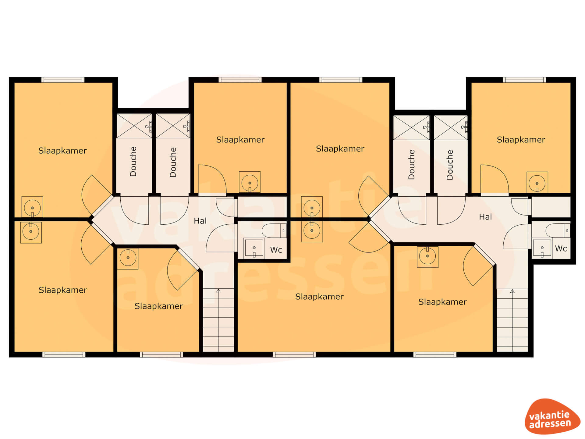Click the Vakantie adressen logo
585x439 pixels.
(552, 416)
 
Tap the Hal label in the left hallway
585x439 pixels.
(200, 221)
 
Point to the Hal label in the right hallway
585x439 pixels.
(485, 217)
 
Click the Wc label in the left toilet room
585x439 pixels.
(276, 250)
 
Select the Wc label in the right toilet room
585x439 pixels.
(561, 248)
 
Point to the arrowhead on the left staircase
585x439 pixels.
(218, 291)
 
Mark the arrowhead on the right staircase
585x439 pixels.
(512, 291)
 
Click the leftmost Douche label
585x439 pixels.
(133, 162)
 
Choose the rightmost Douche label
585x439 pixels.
(450, 165)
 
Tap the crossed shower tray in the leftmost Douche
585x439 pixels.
(134, 126)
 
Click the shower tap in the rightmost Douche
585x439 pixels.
(464, 127)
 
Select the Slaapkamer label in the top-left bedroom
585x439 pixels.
(62, 151)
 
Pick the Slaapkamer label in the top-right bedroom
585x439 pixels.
(521, 140)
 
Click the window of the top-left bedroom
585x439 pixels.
(63, 80)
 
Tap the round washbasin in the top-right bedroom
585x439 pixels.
(537, 183)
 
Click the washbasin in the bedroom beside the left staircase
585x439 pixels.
(128, 258)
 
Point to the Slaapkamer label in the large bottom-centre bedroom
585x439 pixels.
(319, 297)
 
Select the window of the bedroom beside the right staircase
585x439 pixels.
(435, 355)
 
